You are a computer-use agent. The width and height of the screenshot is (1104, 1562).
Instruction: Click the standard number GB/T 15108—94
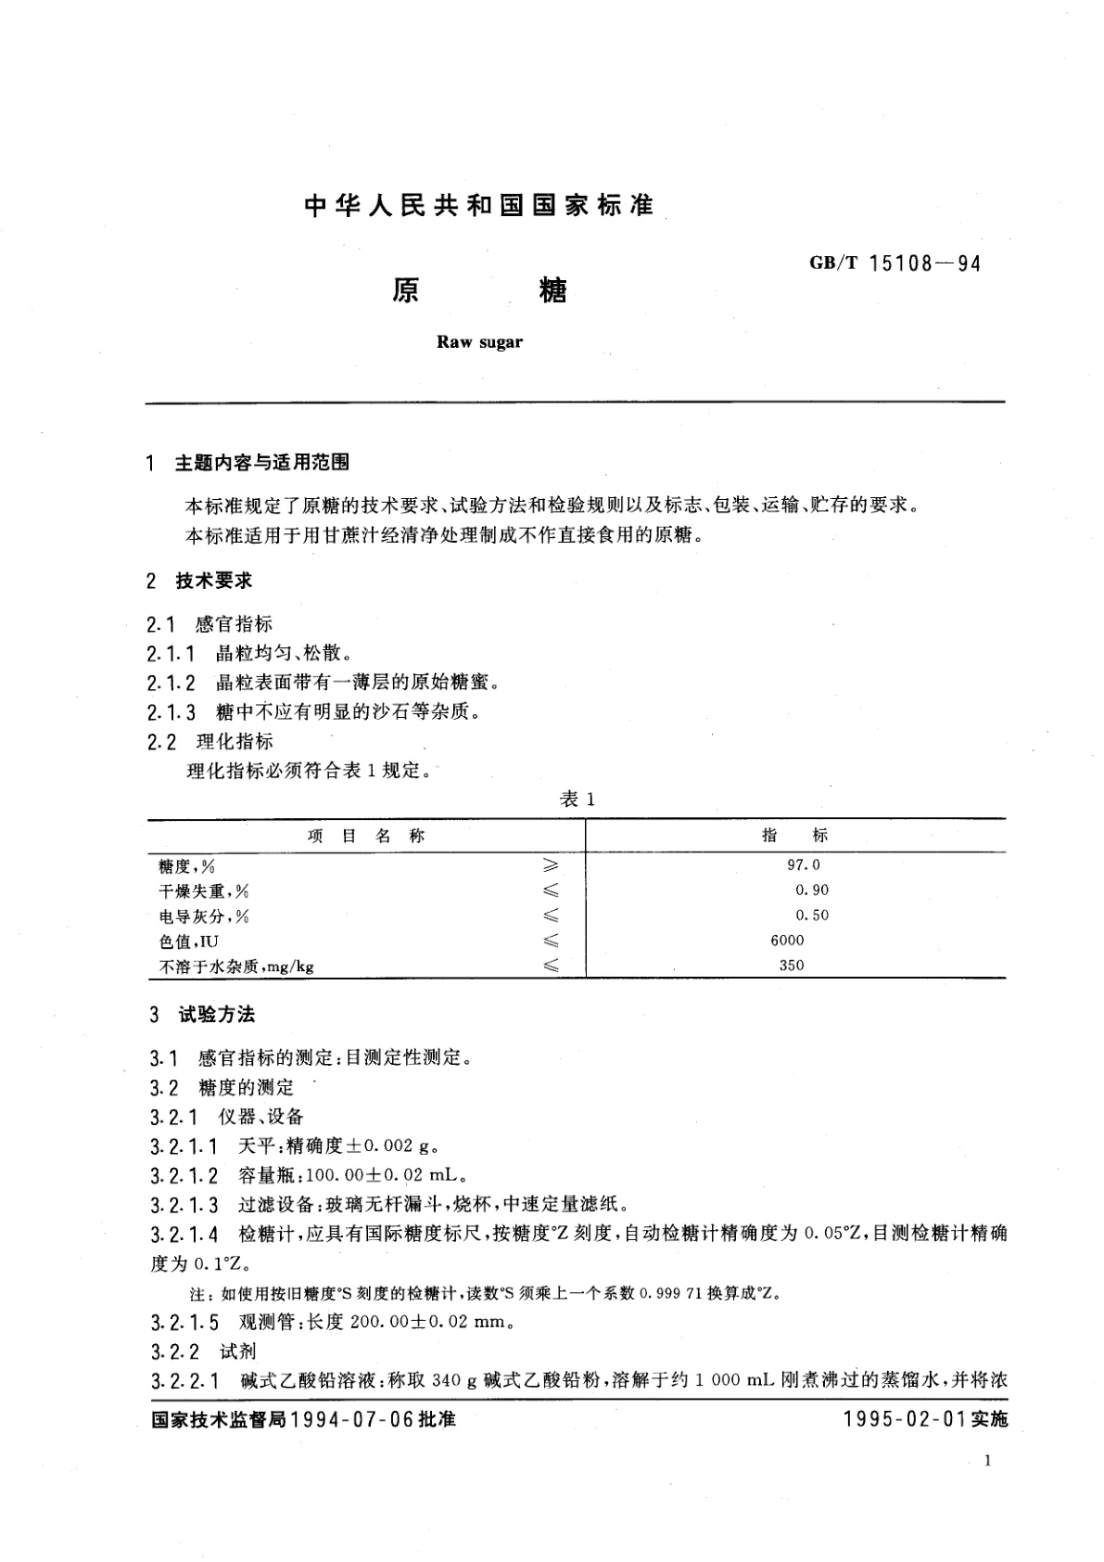coord(894,263)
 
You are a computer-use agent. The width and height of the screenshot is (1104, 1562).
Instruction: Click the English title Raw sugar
coord(479,342)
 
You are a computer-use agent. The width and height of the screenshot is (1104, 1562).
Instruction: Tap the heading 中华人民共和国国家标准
coord(479,206)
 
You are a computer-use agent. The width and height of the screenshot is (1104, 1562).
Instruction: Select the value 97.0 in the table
coord(803,864)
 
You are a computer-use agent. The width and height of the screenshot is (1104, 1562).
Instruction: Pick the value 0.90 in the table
coord(811,890)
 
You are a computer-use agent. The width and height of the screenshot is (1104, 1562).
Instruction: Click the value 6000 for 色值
coord(787,940)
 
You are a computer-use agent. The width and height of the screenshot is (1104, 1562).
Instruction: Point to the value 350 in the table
coord(792,965)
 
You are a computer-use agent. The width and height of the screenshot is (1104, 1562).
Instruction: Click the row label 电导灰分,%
coord(204,916)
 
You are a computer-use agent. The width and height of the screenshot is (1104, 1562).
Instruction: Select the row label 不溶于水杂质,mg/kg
coord(236,967)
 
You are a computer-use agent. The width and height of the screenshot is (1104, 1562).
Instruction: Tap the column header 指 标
coord(794,835)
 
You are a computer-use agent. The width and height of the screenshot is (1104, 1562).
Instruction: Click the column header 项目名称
coord(365,836)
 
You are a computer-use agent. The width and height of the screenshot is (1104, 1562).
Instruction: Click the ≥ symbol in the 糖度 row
coord(551,865)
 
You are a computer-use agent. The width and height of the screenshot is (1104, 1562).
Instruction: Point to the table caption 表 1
coord(577,800)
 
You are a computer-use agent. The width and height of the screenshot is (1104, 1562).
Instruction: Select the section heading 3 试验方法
coord(202,1015)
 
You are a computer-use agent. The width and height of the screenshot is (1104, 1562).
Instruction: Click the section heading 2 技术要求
coord(199,582)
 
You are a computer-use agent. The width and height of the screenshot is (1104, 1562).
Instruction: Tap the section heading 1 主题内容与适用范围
coord(247,462)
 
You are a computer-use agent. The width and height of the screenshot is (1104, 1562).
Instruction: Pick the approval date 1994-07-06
coord(355,1419)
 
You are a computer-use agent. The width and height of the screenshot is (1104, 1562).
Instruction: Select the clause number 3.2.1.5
coord(184,1323)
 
